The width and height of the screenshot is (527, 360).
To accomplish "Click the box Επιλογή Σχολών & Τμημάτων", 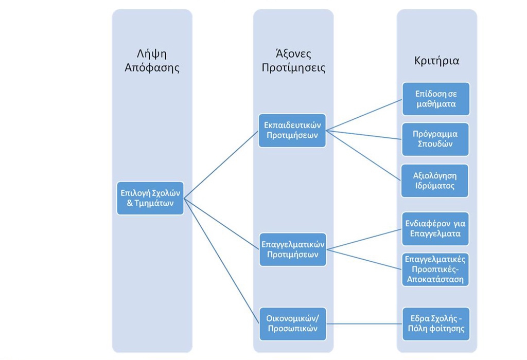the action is click(x=150, y=198).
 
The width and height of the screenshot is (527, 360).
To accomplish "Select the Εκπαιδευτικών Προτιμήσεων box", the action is click(x=292, y=130).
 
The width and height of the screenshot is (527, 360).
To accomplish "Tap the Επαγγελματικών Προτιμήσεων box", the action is click(x=293, y=249).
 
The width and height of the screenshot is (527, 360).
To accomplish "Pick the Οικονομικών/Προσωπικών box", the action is click(x=293, y=323).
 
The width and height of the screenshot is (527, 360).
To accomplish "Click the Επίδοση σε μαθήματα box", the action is click(x=436, y=99).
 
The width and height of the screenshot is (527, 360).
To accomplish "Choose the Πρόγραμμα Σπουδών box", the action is click(x=435, y=139).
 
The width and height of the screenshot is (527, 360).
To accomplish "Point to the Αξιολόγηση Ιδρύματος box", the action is click(x=434, y=181).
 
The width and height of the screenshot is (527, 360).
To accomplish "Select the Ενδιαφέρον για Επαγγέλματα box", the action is click(x=435, y=229).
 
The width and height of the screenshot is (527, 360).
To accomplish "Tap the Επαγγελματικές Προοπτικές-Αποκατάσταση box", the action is click(x=435, y=269).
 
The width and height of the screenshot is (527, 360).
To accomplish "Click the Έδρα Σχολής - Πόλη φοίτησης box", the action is click(x=436, y=323).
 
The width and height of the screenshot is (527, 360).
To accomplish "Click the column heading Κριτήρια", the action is click(x=436, y=61).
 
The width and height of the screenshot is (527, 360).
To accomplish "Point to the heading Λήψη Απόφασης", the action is click(x=152, y=61).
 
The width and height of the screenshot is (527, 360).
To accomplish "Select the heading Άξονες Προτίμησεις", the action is click(x=293, y=61).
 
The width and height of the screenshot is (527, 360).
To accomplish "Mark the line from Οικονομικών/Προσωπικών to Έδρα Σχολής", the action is click(x=364, y=323).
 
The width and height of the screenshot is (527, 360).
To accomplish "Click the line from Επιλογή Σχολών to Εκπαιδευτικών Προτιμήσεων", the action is click(x=221, y=164).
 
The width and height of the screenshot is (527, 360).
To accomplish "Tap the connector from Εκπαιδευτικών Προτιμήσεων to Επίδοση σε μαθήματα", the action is click(x=364, y=115).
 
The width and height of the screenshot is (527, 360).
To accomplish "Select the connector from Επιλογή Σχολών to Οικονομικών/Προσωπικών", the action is click(x=221, y=261).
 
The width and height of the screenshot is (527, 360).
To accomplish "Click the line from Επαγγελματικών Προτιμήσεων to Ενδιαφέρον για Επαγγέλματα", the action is click(x=364, y=239).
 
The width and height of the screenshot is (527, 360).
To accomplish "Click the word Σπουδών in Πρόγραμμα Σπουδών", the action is click(x=435, y=144).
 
